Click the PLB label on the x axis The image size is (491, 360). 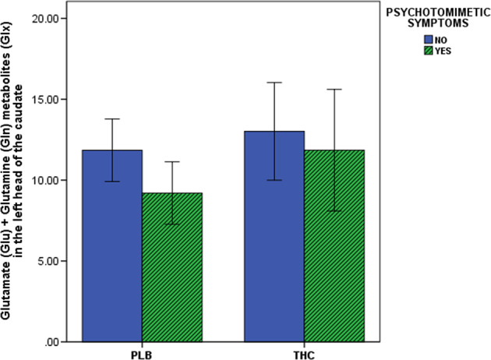click(x=141, y=355)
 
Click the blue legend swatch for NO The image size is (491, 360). click(x=429, y=38)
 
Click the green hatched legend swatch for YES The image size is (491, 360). click(x=429, y=51)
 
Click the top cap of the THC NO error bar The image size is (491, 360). click(x=274, y=82)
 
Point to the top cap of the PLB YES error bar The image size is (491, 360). click(x=171, y=161)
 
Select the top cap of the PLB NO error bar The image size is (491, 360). click(x=111, y=118)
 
